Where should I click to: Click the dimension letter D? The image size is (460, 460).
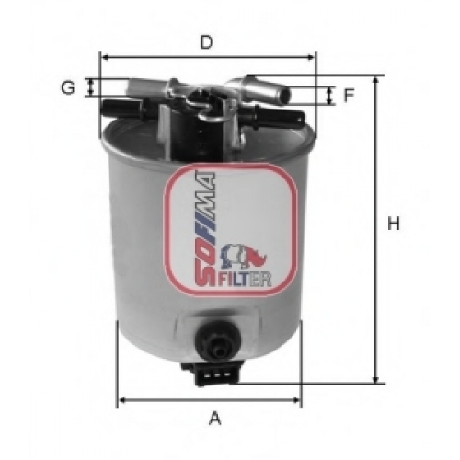207,42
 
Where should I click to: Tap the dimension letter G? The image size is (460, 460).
68,87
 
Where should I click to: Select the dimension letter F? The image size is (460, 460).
349,95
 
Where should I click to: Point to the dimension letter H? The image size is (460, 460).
394,224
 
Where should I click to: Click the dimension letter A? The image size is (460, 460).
215,418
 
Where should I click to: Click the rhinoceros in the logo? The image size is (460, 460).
243,254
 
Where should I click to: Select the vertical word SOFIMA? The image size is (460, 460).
204,227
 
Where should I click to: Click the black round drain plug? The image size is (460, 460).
217,340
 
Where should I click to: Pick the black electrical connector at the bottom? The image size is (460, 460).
213,374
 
